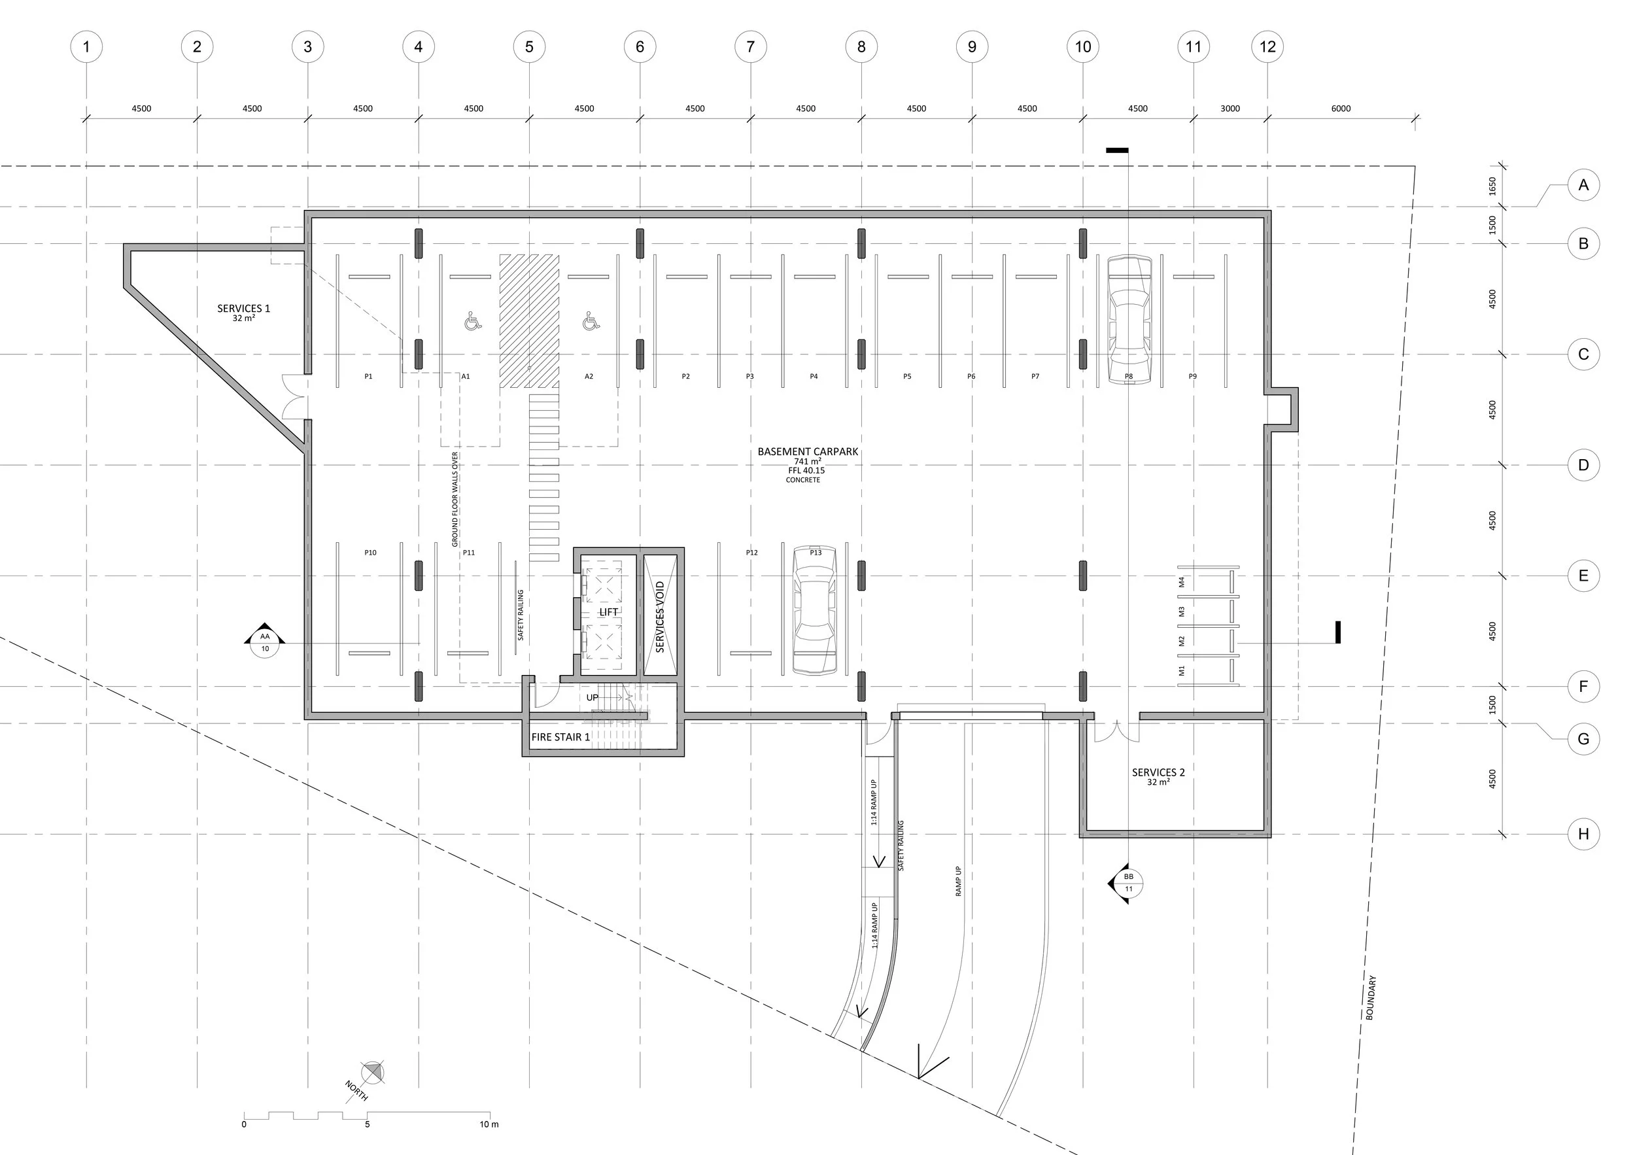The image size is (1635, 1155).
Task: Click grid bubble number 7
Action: (751, 47)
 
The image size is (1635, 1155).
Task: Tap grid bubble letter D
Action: (1583, 465)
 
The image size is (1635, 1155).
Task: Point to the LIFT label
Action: (609, 612)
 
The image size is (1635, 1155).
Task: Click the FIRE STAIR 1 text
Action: (560, 737)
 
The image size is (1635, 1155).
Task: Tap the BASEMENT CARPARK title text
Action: (808, 451)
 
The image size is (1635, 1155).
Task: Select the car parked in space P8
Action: (1129, 320)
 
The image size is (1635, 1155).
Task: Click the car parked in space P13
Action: (815, 610)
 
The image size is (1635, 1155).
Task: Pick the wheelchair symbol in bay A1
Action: (473, 321)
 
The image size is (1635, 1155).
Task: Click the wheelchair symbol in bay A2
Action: (591, 321)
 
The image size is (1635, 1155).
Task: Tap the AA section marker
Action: (265, 642)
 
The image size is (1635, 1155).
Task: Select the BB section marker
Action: (1127, 883)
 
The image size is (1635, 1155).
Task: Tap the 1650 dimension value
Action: (1492, 186)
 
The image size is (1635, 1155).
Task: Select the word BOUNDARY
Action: (1371, 997)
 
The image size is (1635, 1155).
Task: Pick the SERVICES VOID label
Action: (660, 617)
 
